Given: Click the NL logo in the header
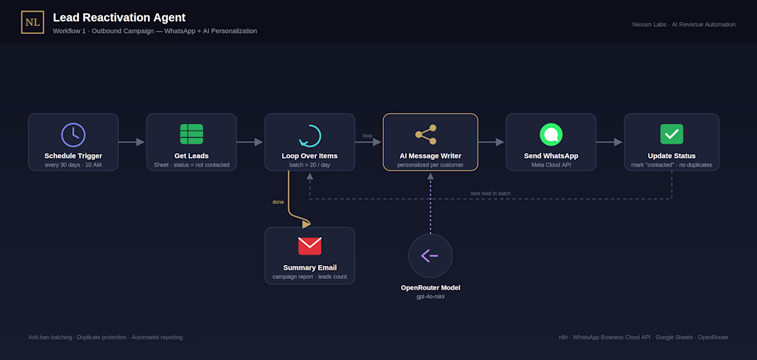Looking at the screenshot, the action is coord(32,22).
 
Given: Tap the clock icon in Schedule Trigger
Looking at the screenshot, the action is coord(73,135).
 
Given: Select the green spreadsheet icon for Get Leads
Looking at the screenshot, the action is coord(191,134).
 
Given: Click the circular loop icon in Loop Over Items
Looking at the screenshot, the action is coord(310,136).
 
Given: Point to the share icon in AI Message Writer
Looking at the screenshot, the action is coord(426,135).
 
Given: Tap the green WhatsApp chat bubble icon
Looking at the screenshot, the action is coord(551,135).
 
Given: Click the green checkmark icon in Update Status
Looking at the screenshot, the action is coord(672,134).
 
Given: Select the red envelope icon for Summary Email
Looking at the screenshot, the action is coord(310,246).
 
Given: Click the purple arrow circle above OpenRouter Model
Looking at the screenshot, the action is coord(430,255).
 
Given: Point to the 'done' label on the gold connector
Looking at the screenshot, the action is coord(278,202).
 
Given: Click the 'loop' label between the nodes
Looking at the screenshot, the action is coord(367,136).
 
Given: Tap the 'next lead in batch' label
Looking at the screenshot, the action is coord(491,193).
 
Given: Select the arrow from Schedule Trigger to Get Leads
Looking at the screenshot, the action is coord(131,142).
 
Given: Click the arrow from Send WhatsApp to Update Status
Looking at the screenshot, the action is coord(609,142).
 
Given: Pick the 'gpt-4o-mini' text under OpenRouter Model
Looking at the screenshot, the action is coord(430,296).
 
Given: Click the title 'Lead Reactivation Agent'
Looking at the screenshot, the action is coord(119,17).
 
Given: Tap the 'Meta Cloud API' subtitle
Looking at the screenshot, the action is coord(551,165).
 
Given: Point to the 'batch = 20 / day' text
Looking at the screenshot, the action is coord(310,165).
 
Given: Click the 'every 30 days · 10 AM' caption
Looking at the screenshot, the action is coord(73,165).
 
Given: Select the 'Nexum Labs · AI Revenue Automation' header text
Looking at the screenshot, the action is coord(683,24).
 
